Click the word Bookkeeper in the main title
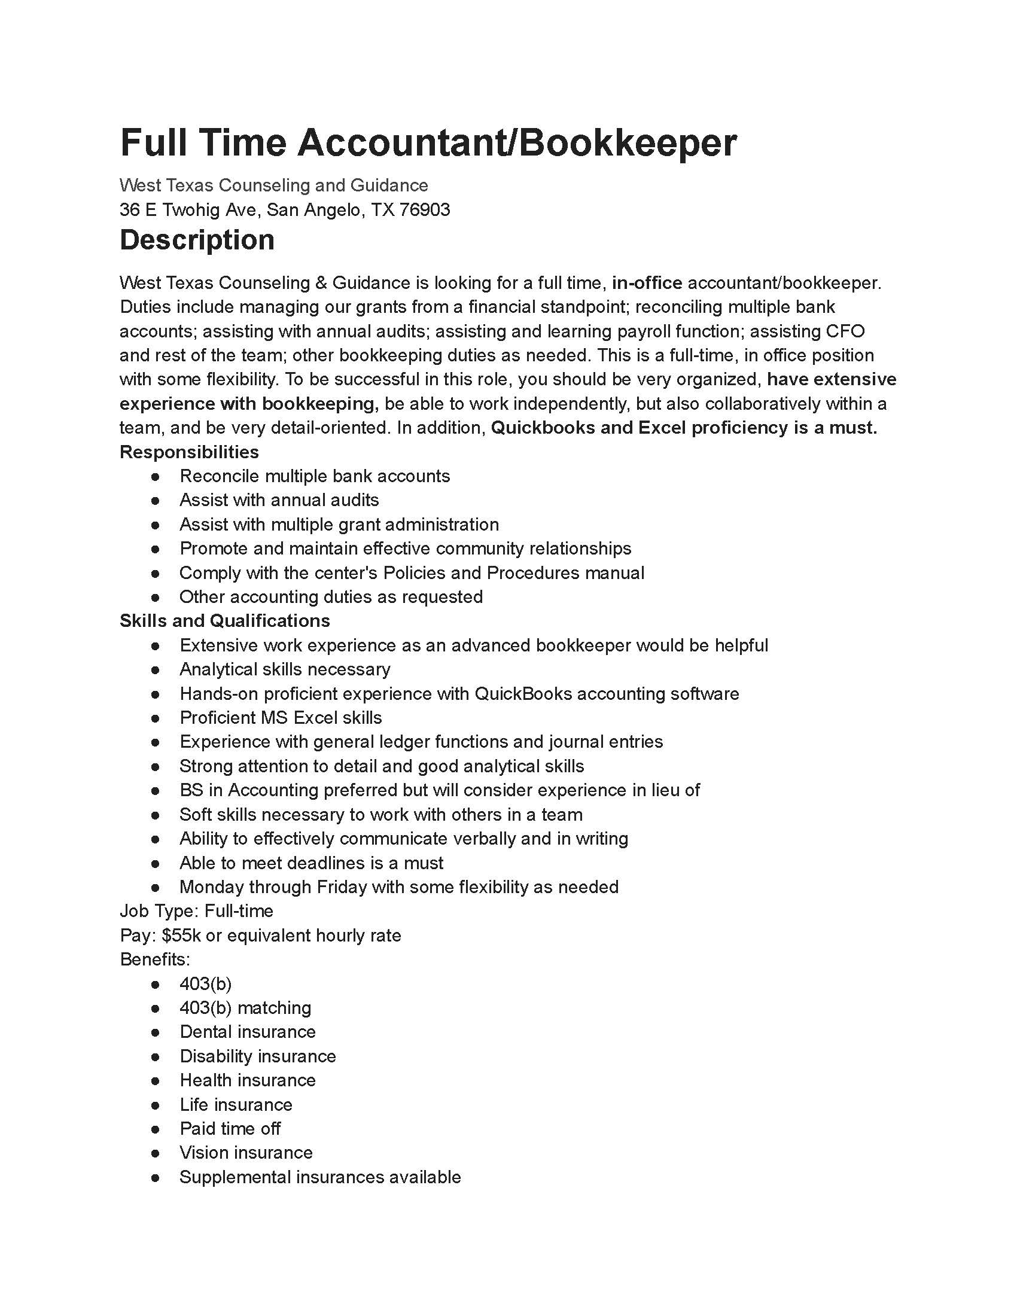coord(626,144)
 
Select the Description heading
coord(197,240)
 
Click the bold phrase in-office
coord(647,282)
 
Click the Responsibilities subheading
coord(189,452)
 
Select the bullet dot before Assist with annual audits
coord(156,500)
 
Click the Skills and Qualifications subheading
coord(225,621)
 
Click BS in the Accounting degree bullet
coord(191,790)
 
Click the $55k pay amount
coord(182,935)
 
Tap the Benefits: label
coord(155,959)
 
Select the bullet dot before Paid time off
coord(156,1129)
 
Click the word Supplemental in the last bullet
coord(235,1177)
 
